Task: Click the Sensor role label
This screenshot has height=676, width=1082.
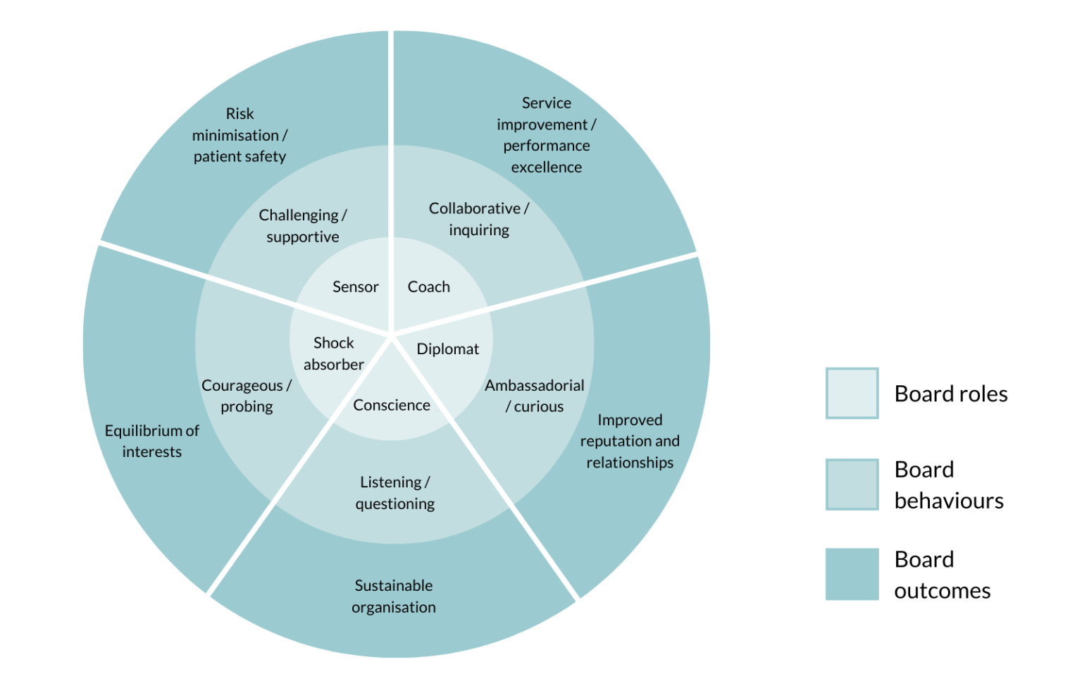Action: (x=355, y=287)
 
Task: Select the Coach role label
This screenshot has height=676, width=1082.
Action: (x=428, y=287)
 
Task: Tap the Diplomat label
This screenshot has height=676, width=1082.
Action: (x=447, y=349)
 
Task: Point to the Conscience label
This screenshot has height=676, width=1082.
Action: (x=392, y=405)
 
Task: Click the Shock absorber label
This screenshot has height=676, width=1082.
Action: (x=334, y=353)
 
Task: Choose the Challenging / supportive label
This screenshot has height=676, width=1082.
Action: (x=303, y=226)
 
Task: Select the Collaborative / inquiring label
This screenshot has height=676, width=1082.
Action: (x=479, y=219)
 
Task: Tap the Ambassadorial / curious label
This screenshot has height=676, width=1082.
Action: (x=535, y=396)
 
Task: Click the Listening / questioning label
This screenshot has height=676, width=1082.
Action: (x=395, y=493)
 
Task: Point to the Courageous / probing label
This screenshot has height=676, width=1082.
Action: (x=247, y=396)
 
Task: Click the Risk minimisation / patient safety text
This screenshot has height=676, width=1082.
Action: (x=240, y=135)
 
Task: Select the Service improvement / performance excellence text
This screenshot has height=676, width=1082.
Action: (x=547, y=135)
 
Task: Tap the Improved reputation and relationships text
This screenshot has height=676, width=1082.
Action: (x=630, y=441)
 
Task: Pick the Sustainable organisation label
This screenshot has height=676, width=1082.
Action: (x=394, y=596)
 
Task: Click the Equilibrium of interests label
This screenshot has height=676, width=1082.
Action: (x=152, y=441)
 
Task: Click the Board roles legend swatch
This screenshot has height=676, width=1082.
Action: (x=852, y=393)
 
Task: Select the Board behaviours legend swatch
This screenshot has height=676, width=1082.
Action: (x=852, y=484)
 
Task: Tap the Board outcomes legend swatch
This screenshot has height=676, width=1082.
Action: (x=852, y=575)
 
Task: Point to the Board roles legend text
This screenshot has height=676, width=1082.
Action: (x=951, y=394)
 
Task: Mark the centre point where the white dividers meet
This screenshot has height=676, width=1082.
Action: (x=392, y=334)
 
